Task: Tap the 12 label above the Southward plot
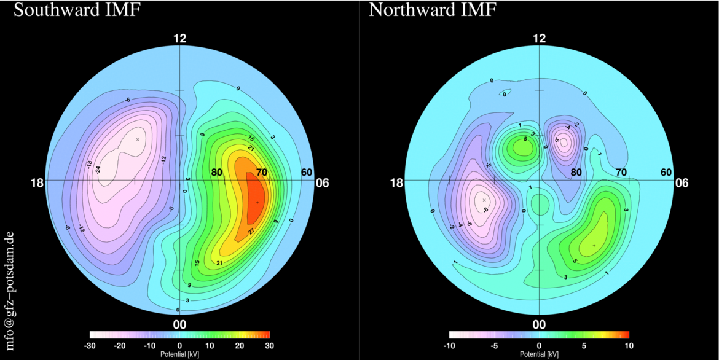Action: [x=179, y=39]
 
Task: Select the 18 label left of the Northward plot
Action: [x=396, y=183]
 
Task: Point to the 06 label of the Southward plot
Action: [x=322, y=183]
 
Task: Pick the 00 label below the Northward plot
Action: [x=539, y=324]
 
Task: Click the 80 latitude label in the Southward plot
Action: [x=216, y=173]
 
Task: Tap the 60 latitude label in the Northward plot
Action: [x=666, y=173]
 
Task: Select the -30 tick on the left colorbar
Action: [x=90, y=346]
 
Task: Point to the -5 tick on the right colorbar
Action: [x=493, y=346]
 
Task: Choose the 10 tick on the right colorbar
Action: [x=629, y=346]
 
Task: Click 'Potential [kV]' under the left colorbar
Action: [x=179, y=354]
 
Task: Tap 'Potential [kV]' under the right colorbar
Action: [x=539, y=354]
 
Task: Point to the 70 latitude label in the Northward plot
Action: [x=621, y=173]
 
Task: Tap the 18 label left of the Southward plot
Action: [x=37, y=183]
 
